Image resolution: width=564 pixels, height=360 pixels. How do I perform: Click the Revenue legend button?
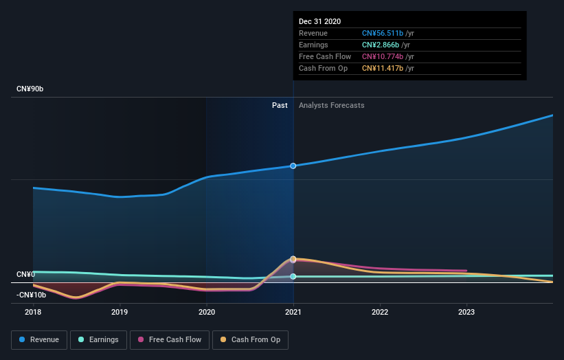tap(39, 339)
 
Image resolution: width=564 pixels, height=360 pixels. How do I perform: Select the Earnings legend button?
tap(98, 339)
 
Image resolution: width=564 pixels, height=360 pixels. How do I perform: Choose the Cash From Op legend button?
tap(252, 339)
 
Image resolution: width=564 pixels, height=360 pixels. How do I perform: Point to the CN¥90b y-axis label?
tap(30, 89)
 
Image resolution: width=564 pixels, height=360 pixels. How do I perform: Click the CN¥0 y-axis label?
tap(26, 274)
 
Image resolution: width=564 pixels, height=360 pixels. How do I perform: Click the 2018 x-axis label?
tap(33, 312)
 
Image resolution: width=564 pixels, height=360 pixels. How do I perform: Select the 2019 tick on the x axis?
tap(120, 312)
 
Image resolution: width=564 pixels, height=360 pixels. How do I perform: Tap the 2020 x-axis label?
tap(206, 312)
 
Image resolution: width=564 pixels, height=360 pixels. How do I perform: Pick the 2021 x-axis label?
tap(293, 312)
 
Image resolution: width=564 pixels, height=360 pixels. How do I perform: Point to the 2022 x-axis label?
tap(380, 312)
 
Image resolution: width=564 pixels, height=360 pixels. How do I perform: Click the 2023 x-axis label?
tap(466, 312)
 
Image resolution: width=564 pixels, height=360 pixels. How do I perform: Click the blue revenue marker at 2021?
tap(293, 166)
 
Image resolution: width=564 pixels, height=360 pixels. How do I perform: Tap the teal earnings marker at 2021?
tap(293, 276)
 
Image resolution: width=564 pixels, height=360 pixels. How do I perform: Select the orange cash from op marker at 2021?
tap(293, 259)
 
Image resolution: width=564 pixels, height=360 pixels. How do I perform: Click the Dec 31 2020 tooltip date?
tap(319, 22)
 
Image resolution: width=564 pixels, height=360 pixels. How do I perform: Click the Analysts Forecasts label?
tap(331, 105)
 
